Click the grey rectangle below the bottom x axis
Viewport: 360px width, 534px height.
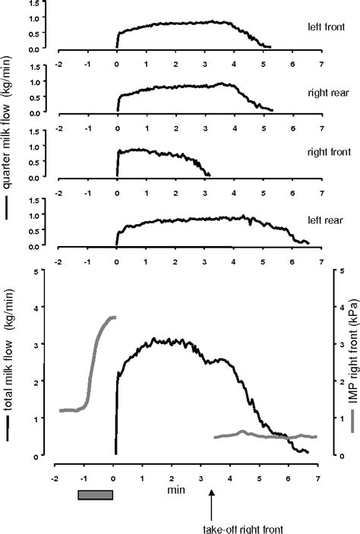95,495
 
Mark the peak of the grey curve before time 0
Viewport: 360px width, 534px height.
112,317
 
